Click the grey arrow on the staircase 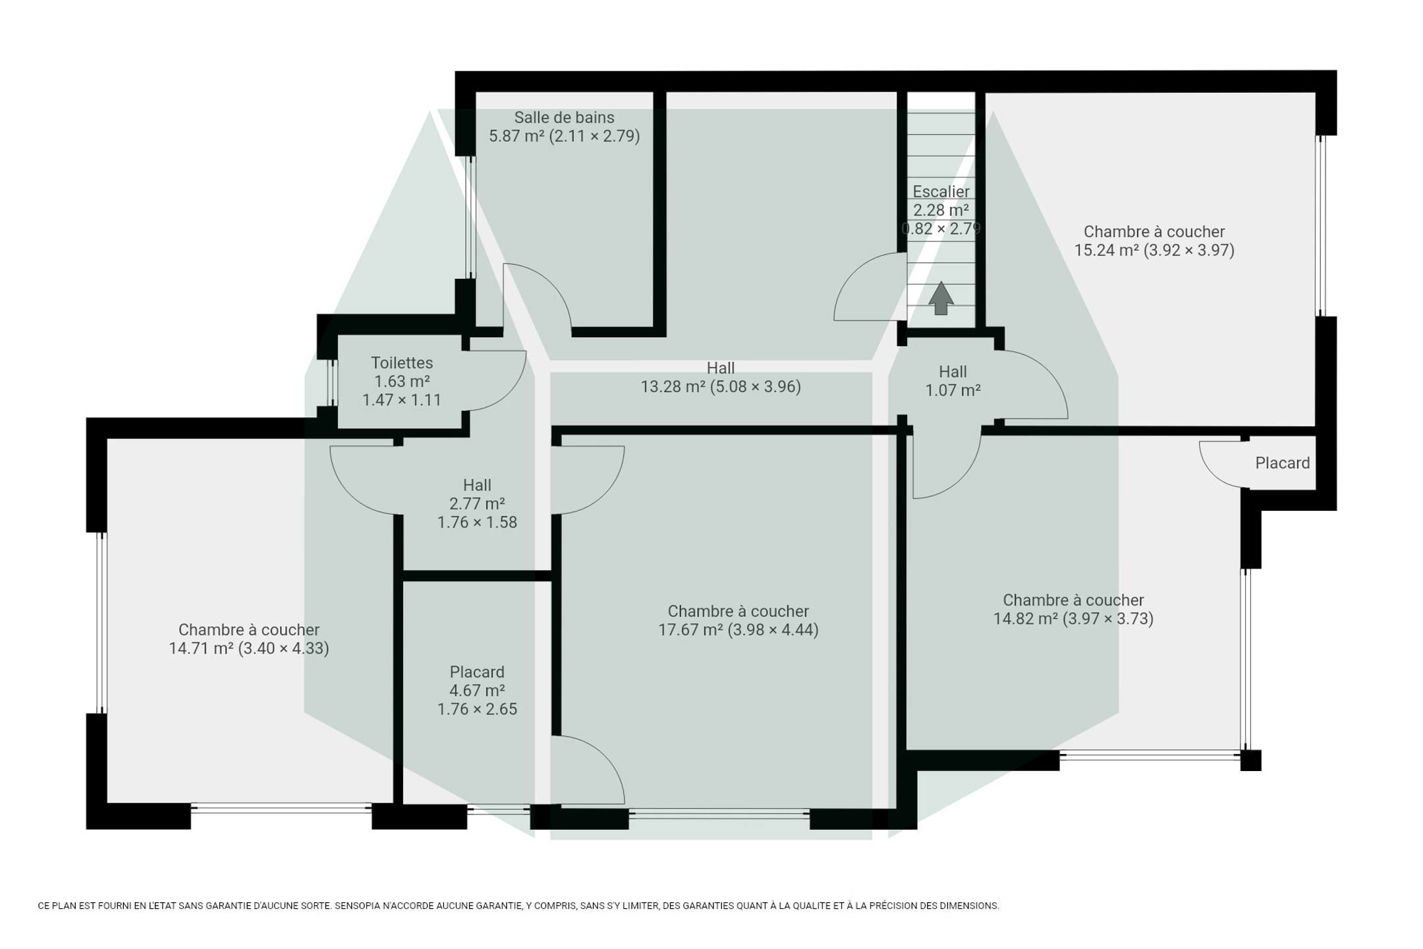click(941, 299)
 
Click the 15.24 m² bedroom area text click(1154, 250)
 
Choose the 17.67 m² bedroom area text click(739, 630)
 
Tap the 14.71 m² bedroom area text click(249, 648)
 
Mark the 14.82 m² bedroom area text click(1073, 619)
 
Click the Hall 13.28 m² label click(721, 378)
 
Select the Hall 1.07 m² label click(953, 382)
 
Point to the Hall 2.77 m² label click(477, 503)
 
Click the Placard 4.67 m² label click(477, 691)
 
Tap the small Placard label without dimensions click(1282, 463)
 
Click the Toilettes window click(331, 383)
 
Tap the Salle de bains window click(470, 217)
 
